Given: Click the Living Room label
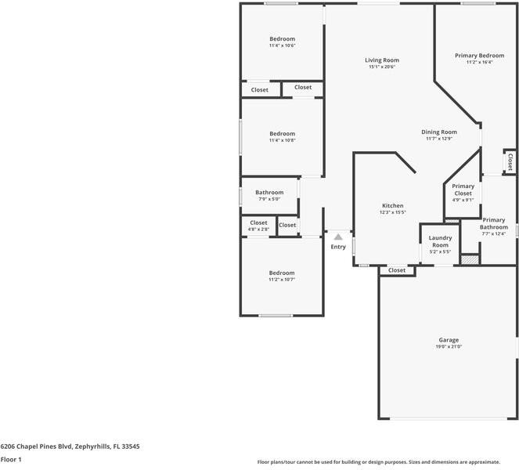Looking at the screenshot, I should coord(382,60).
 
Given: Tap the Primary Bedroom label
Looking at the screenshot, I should coord(479,56).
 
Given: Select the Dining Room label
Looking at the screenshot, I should coord(439,132).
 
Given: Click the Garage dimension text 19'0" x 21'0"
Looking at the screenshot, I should coord(449,346).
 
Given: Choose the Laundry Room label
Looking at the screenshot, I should coord(440,241).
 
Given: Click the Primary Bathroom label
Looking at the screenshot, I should coord(494,224).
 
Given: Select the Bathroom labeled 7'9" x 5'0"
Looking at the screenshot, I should coord(269,193).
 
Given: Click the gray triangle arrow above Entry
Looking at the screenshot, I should coord(337,235).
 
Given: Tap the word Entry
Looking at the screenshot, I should coord(337,247).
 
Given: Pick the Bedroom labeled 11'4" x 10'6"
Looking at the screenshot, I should coord(282,39).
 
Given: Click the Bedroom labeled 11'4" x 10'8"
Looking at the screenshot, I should coord(282,134).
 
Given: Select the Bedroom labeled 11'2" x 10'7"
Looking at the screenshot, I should coord(282,273).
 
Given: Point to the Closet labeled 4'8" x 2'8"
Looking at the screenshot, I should coord(258,223).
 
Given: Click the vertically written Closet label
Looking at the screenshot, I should coord(510,161).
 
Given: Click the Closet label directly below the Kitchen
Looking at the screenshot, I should coord(397,270).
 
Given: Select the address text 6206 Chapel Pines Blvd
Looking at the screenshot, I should coord(36,446).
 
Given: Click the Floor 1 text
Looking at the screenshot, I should coord(10,460).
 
